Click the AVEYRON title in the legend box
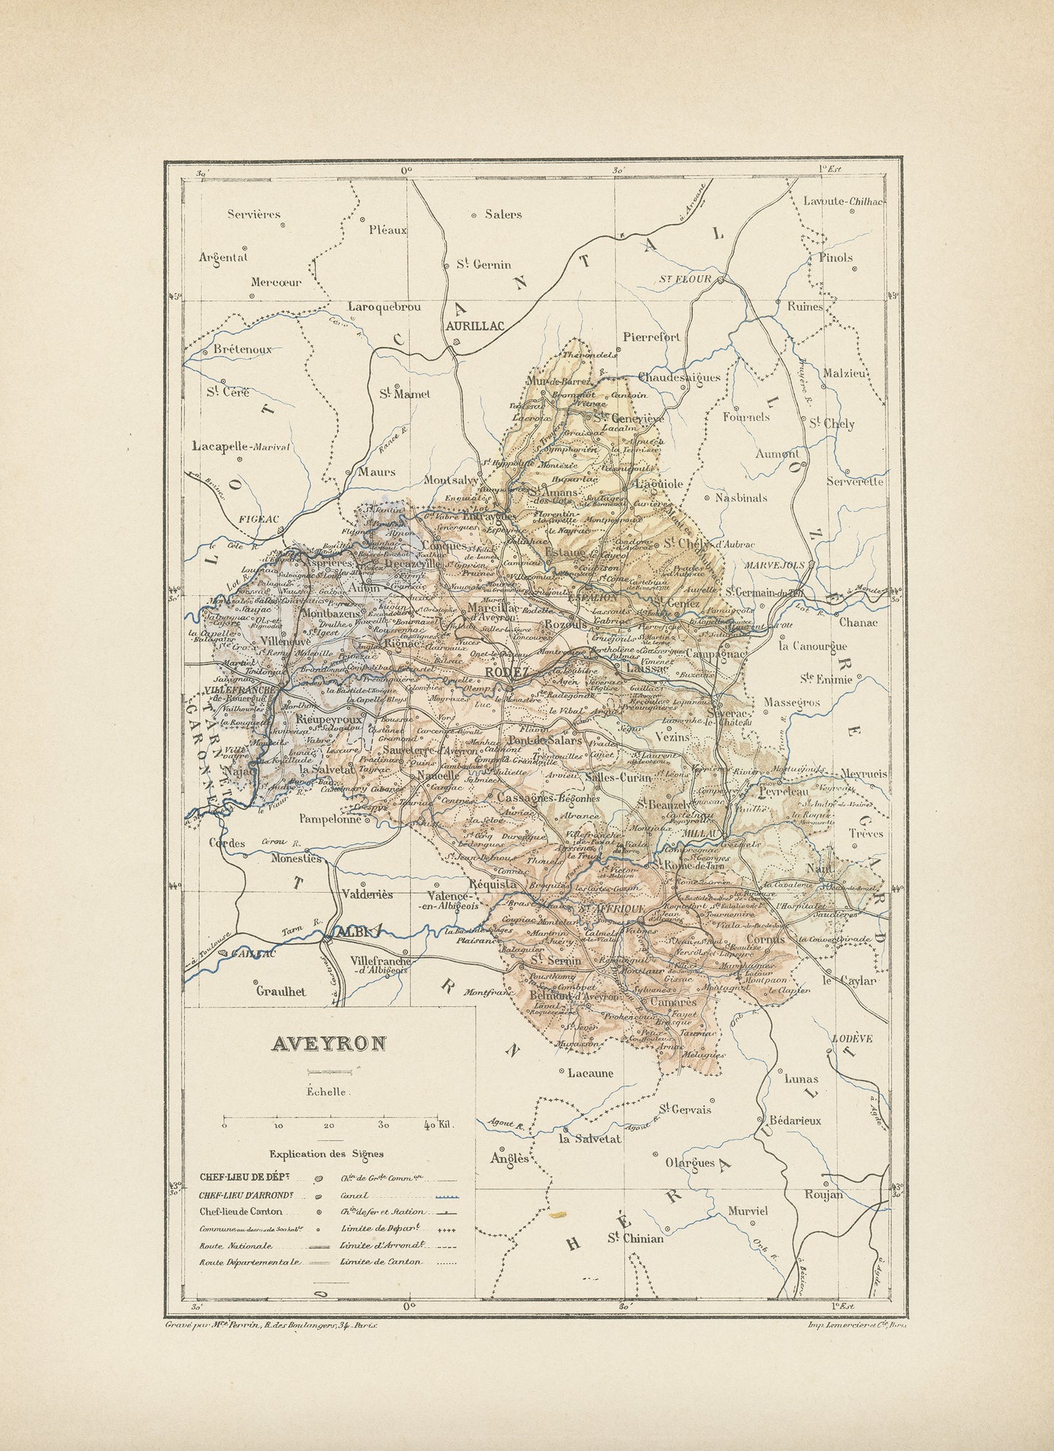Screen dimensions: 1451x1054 pyautogui.click(x=328, y=1044)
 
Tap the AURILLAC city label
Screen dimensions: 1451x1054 pyautogui.click(x=475, y=328)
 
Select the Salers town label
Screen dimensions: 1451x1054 pyautogui.click(x=503, y=214)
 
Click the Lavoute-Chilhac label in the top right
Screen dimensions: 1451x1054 pyautogui.click(x=843, y=201)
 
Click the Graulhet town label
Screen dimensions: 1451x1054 pyautogui.click(x=281, y=991)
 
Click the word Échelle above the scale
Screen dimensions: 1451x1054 pyautogui.click(x=327, y=1092)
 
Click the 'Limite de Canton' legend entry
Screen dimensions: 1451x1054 pyautogui.click(x=381, y=1261)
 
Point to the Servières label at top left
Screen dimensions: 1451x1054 pyautogui.click(x=254, y=214)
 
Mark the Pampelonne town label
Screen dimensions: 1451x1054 pyautogui.click(x=330, y=819)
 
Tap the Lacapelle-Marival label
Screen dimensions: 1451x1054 pyautogui.click(x=241, y=446)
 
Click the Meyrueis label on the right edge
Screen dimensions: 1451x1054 pyautogui.click(x=864, y=773)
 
